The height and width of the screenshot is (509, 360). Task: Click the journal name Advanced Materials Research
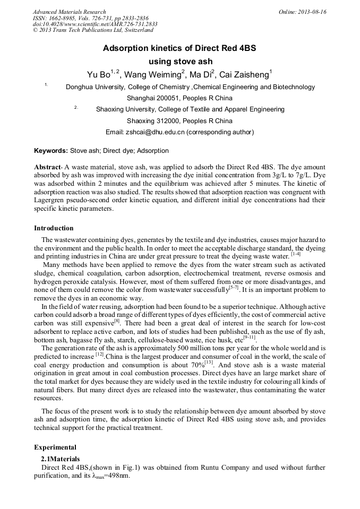tap(69, 12)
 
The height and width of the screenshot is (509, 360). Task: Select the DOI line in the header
tap(95, 24)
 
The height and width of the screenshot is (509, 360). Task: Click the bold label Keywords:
tap(51, 151)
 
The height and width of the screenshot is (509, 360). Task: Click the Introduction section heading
tap(54, 228)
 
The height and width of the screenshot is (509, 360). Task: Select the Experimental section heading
tap(55, 447)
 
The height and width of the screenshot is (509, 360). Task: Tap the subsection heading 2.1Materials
tap(61, 459)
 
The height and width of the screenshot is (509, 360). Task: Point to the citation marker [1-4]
tap(296, 254)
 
